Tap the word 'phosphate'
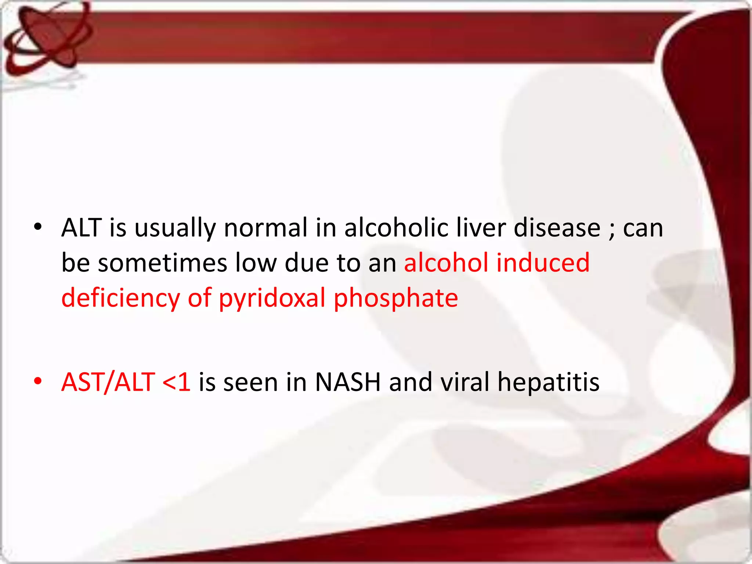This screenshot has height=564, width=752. [396, 298]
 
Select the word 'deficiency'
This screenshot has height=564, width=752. [121, 298]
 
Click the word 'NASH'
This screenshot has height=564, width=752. [347, 382]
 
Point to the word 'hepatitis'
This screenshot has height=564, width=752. [548, 382]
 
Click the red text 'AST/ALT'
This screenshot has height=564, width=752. [108, 382]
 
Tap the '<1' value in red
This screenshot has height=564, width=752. [176, 382]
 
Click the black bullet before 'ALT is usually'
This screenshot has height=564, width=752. [37, 227]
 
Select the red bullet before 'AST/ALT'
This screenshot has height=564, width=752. [37, 381]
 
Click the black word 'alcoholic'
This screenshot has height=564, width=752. [396, 228]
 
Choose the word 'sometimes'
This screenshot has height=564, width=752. [163, 263]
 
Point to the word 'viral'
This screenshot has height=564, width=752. [464, 382]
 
